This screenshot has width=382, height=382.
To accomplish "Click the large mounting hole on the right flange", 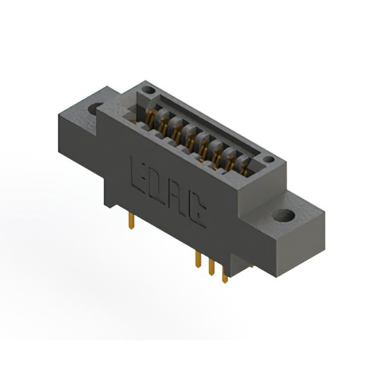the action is pyautogui.click(x=284, y=215).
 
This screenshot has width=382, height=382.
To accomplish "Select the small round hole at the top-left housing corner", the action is pyautogui.click(x=149, y=90).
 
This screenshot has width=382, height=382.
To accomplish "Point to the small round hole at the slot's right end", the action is pyautogui.click(x=269, y=159).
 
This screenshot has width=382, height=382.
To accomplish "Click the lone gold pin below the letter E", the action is pyautogui.click(x=131, y=220).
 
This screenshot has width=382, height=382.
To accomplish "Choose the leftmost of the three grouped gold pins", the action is pyautogui.click(x=198, y=260).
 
